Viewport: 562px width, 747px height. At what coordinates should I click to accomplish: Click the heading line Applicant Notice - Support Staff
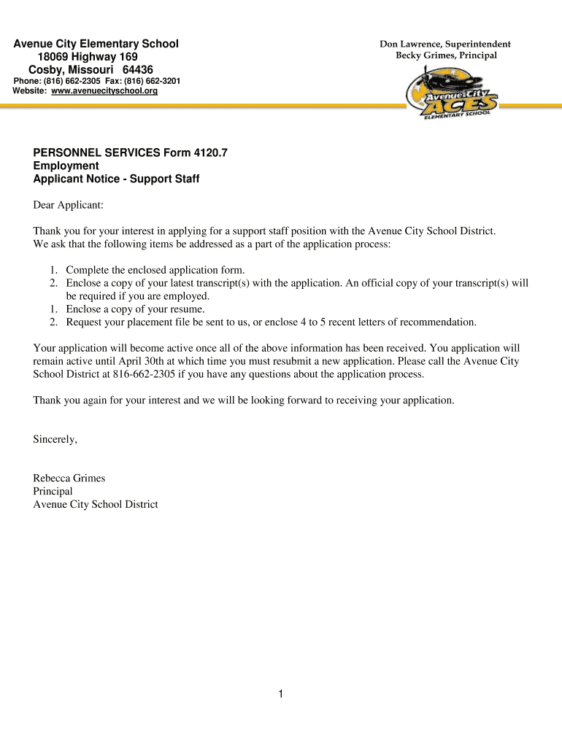116,179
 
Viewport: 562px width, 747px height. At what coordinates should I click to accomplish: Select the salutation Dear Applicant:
68,205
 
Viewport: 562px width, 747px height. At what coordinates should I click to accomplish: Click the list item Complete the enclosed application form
155,270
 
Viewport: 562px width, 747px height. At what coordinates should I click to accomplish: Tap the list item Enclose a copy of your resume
135,309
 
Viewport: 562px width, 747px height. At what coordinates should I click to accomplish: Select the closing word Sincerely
55,439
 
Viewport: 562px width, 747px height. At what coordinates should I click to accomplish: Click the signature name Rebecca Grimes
69,478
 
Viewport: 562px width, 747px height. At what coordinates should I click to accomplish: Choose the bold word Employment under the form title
66,166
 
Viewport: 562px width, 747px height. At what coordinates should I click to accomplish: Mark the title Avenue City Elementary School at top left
96,44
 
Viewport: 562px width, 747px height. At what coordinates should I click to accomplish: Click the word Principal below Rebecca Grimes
53,491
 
